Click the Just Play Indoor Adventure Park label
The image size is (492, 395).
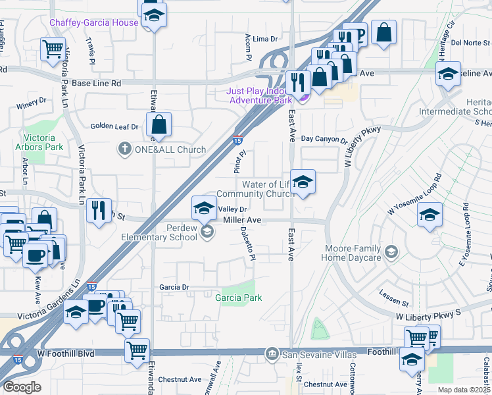[x=260, y=96]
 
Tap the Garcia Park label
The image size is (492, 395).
[x=239, y=298]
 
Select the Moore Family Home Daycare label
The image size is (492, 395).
[x=353, y=253]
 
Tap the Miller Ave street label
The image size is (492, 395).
[x=243, y=220]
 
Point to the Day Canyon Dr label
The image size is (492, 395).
[x=324, y=140]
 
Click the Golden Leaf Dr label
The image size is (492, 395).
[x=114, y=126]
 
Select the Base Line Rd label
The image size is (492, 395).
[x=97, y=84]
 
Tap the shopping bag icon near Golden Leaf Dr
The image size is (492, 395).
[x=159, y=124]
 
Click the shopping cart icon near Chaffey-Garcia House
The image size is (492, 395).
[x=53, y=48]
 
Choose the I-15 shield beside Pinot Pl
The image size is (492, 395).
[x=237, y=140]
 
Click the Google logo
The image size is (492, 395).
[x=22, y=386]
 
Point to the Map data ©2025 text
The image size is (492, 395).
[x=463, y=390]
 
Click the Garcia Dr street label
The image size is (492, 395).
[x=174, y=287]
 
